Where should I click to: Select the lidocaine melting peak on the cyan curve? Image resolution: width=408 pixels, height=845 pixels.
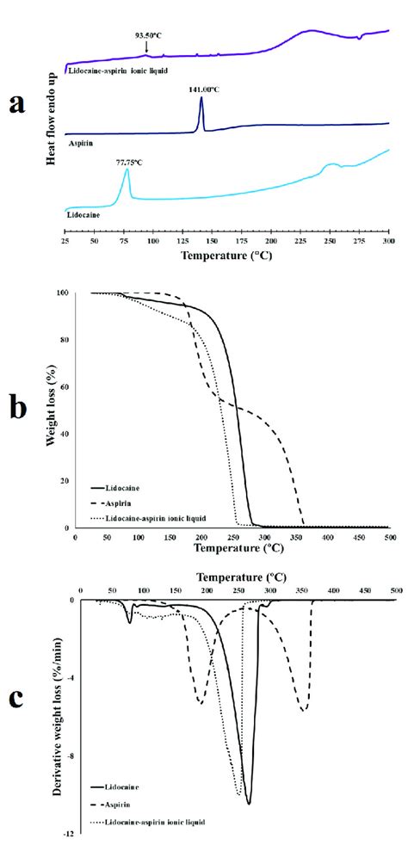point(127,171)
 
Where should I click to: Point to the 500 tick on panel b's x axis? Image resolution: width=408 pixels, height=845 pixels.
point(388,537)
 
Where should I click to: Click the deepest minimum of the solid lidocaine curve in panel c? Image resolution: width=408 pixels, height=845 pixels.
point(249,802)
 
